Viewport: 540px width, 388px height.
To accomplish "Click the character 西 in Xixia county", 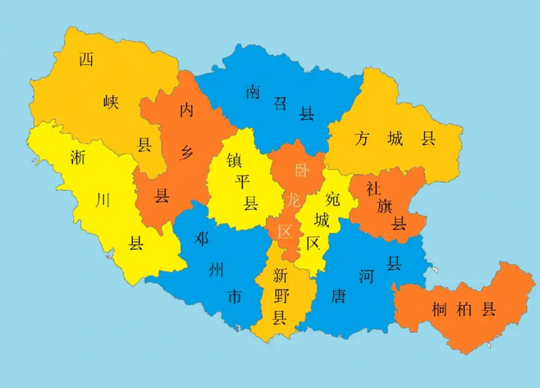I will [x=86, y=59].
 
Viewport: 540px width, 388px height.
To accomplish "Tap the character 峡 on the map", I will [x=111, y=103].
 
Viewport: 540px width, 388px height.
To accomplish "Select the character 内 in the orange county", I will [x=188, y=109].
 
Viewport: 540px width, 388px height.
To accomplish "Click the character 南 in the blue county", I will [x=253, y=92].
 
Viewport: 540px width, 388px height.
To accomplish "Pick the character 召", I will [x=281, y=103].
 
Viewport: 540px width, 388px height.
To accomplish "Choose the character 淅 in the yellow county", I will [x=79, y=156].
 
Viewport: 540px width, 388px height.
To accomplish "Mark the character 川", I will [x=103, y=199].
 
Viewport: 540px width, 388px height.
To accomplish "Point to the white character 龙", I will [x=293, y=200].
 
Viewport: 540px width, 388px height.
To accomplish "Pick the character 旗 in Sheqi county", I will [x=385, y=206].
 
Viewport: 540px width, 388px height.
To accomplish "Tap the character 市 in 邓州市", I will [x=235, y=297].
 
